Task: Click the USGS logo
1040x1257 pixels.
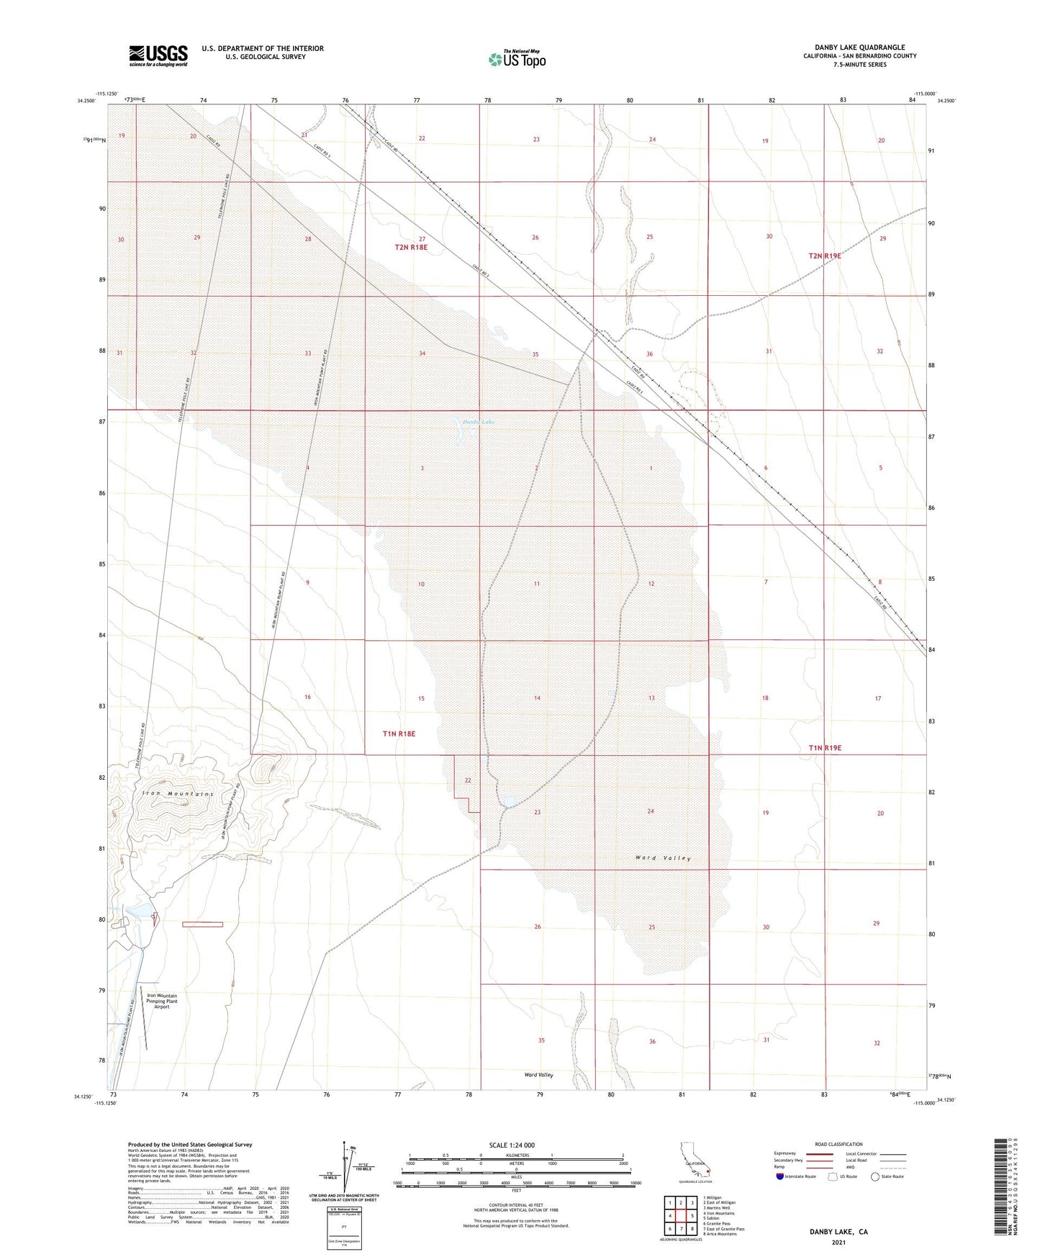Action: point(158,55)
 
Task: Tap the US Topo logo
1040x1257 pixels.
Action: point(516,59)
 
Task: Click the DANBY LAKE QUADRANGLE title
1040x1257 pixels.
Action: point(855,48)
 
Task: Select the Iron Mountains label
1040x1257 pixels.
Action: point(178,793)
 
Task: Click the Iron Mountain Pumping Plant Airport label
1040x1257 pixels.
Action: point(162,1001)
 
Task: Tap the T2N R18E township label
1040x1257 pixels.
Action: point(411,247)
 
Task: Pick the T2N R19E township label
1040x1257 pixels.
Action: point(825,256)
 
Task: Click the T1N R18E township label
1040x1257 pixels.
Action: point(399,734)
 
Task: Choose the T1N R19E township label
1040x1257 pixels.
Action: point(825,748)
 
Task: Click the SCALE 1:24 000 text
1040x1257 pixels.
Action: point(512,1145)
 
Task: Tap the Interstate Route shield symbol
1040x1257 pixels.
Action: point(780,1176)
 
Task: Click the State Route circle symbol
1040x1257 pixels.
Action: point(875,1176)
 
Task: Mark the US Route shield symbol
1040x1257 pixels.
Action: point(833,1176)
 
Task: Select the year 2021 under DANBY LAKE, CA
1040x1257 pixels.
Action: point(838,1243)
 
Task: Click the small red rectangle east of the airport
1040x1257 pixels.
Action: point(202,924)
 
